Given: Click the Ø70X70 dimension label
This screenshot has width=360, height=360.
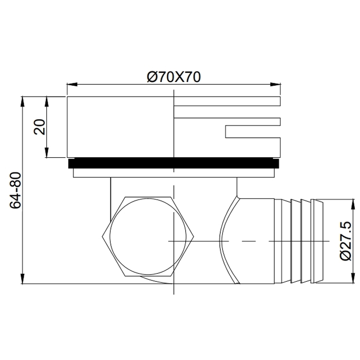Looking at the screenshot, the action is click(x=174, y=77).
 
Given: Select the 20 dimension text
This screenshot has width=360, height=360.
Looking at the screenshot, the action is click(x=39, y=127).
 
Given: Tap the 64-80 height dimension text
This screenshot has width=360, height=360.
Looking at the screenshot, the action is click(x=15, y=190).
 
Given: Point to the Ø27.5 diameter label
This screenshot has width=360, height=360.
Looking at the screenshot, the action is click(x=345, y=241).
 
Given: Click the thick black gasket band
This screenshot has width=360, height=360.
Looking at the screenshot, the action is click(x=173, y=163).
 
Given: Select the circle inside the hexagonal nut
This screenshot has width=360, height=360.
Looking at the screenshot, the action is click(x=148, y=236).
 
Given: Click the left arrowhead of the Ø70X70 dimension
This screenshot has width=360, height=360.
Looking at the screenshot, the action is click(x=72, y=84).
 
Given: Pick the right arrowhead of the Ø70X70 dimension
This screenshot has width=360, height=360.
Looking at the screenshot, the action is click(x=276, y=84).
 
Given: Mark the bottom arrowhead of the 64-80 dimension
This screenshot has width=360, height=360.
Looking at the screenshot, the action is click(x=23, y=279).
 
